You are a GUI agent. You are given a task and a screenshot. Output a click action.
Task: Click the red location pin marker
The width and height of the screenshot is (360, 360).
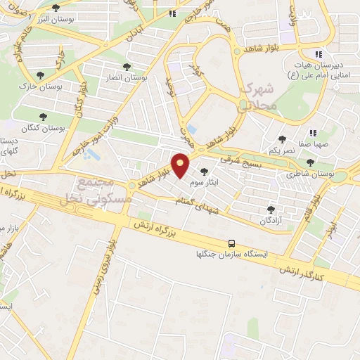(x=181, y=166)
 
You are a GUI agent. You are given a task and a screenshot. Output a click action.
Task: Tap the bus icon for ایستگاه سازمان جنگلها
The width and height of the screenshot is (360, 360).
(x=231, y=243)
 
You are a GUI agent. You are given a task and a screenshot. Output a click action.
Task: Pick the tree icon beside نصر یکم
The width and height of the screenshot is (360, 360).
(x=283, y=139)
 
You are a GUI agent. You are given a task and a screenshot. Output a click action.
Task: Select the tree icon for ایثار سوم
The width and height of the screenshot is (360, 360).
(x=205, y=171)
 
